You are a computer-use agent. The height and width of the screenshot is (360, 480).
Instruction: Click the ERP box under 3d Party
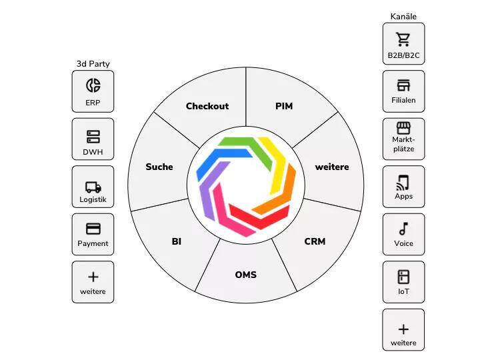[x=93, y=91]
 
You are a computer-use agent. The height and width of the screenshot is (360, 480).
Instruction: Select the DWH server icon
[x=93, y=137]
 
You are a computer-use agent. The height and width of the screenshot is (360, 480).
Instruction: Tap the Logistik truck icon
[x=93, y=187]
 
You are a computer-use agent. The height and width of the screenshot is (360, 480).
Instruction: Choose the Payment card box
[x=93, y=234]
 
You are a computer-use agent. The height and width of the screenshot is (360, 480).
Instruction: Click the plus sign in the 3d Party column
[x=93, y=277]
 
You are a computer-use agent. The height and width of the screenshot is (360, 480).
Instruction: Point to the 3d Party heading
[x=93, y=64]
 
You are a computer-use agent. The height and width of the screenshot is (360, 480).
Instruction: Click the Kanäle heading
[x=403, y=16]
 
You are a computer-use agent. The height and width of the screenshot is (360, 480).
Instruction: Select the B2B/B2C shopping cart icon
[x=403, y=39]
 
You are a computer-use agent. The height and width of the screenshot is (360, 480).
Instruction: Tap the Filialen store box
[x=403, y=91]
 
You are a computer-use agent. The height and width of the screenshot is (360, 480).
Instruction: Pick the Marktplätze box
[x=403, y=139]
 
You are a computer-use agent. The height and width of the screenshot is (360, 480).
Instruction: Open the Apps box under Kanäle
[x=403, y=186]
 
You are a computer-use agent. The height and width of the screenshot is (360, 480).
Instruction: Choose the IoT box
[x=403, y=281]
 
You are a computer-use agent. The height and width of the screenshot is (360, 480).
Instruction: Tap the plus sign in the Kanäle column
[x=403, y=329]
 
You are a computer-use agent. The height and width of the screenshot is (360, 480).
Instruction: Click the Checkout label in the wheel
[x=207, y=106]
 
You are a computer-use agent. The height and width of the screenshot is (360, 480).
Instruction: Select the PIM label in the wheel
[x=284, y=106]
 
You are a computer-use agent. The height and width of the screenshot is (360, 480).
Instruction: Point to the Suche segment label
[x=159, y=167]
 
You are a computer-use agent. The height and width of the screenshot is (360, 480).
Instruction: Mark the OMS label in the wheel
[x=245, y=275]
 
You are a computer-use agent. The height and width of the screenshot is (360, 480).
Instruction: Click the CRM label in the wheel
[x=315, y=241]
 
